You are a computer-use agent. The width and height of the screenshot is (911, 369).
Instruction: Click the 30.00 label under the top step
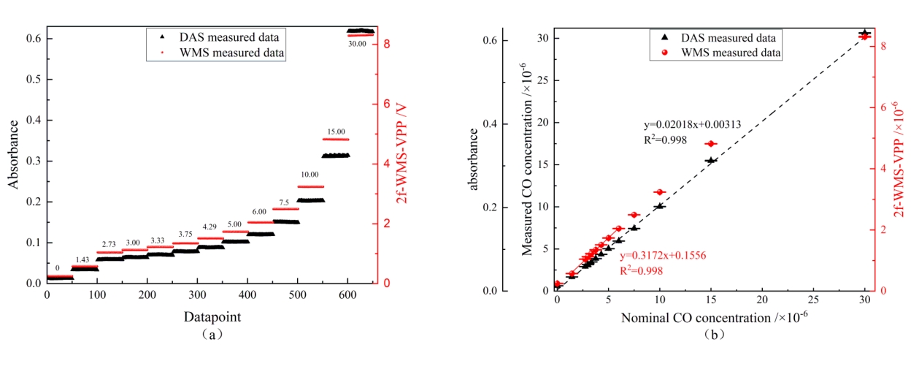coord(358,43)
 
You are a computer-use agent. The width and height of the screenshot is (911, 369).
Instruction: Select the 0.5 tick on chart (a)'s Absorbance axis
coord(32,79)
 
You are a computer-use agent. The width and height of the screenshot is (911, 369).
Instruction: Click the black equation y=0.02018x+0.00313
coord(691,125)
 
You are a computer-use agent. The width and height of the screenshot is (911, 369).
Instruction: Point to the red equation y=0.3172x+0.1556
coord(663,256)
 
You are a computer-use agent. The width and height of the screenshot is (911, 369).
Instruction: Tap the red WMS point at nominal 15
coord(710,144)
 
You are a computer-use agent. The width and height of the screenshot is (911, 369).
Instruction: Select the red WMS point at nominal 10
coord(659,192)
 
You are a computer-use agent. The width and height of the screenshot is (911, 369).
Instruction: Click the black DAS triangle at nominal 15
coord(711,160)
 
